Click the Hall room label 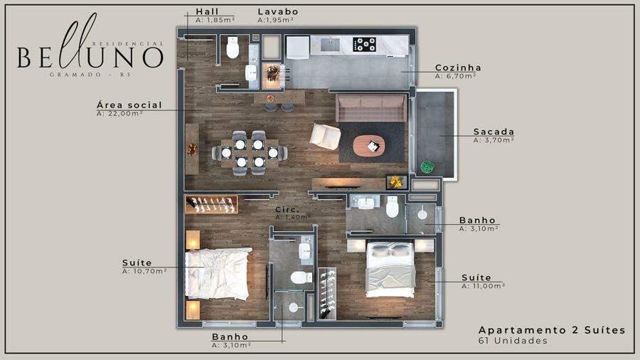tap(208, 11)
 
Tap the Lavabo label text tap(278, 11)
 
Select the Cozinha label tap(458, 68)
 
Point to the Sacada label tap(494, 132)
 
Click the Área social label tap(129, 105)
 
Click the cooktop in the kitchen tap(365, 44)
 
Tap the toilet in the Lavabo tap(233, 48)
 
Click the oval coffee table tap(369, 146)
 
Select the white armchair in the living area tap(325, 137)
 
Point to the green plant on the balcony tap(427, 167)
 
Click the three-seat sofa tap(371, 107)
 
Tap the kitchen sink tap(330, 44)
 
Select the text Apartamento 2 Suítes tap(552, 330)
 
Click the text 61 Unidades tap(513, 340)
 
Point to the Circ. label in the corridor tap(287, 209)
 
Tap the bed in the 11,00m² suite tap(390, 269)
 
